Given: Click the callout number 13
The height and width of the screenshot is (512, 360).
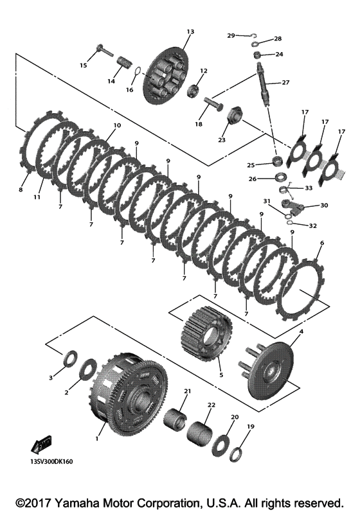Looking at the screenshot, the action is pyautogui.click(x=190, y=31).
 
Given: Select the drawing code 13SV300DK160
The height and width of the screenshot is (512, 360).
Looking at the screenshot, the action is pyautogui.click(x=50, y=462).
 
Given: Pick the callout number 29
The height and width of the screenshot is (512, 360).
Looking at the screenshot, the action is pyautogui.click(x=231, y=35).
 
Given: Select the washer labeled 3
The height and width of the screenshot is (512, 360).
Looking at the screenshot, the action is pyautogui.click(x=70, y=359).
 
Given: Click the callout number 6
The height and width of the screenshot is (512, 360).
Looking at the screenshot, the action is pyautogui.click(x=322, y=243).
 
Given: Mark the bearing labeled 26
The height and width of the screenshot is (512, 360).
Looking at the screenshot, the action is pyautogui.click(x=281, y=178).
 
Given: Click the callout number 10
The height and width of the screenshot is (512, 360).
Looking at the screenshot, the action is pyautogui.click(x=117, y=125).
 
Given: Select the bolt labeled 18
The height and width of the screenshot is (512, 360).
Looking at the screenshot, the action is pyautogui.click(x=214, y=102).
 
